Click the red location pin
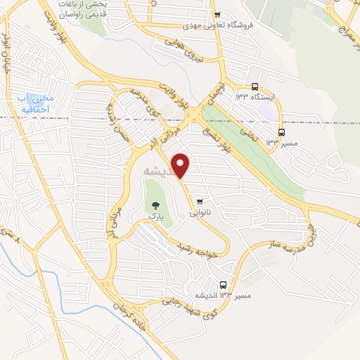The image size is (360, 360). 181,165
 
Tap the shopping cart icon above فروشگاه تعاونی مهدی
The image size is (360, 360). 218,15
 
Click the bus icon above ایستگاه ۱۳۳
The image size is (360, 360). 255,87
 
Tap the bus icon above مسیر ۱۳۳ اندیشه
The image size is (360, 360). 224,285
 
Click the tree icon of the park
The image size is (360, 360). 155,206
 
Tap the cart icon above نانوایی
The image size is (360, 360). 202,199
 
